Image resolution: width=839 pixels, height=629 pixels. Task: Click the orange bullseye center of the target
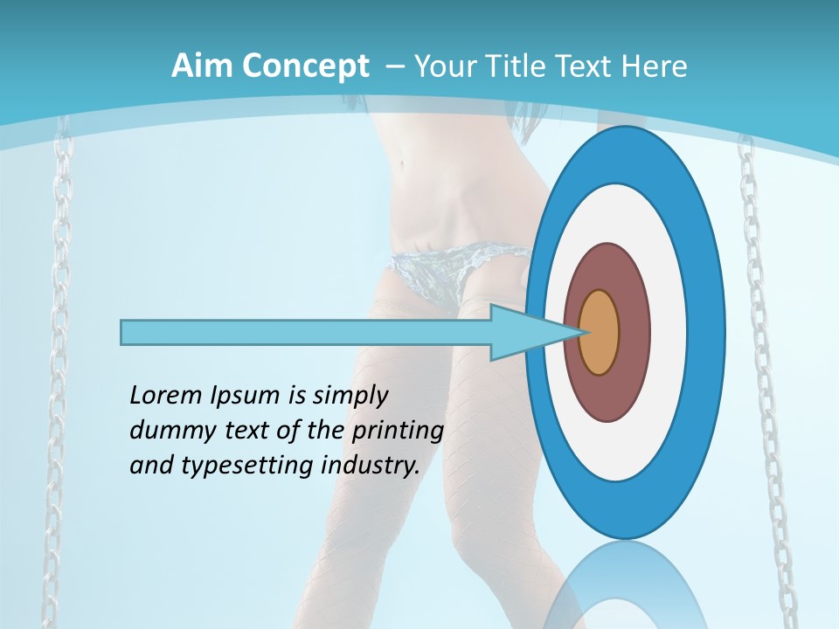click(x=600, y=332)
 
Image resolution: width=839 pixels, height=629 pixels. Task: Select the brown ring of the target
click(x=633, y=332)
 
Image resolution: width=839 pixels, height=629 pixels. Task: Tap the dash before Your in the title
click(x=394, y=67)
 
